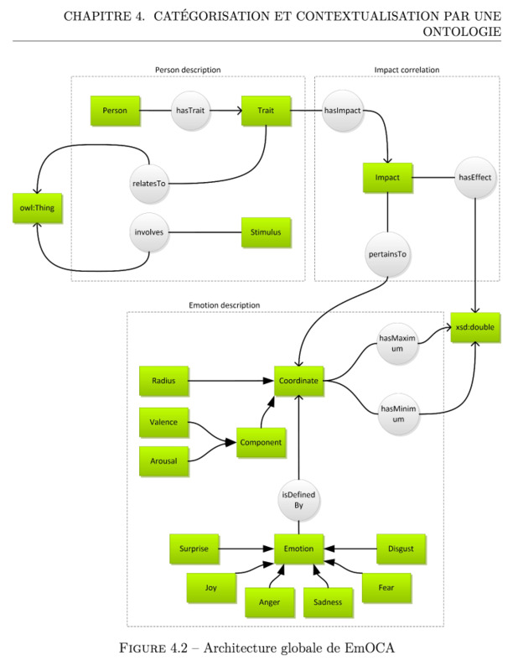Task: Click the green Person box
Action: [115, 111]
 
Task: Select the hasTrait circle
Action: [190, 111]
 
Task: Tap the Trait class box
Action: [266, 111]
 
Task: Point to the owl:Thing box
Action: [37, 208]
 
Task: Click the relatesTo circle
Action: [148, 184]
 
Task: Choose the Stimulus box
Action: [266, 232]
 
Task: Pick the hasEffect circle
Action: [475, 178]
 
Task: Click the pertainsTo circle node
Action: [387, 254]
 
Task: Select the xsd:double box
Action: [475, 327]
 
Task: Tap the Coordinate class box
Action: [298, 381]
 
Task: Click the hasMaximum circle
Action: [397, 343]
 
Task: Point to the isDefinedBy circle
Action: [298, 500]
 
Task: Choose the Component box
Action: [261, 443]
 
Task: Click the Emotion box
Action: [298, 549]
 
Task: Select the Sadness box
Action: [328, 602]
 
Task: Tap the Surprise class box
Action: [194, 549]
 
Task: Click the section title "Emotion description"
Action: [225, 305]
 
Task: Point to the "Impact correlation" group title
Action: [407, 70]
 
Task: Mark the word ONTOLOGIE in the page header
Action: [462, 31]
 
